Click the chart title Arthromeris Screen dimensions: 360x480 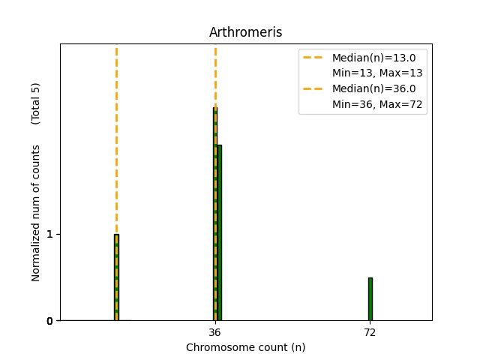tap(245, 32)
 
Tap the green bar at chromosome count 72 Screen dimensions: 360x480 tap(370, 299)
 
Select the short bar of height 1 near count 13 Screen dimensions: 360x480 tap(116, 277)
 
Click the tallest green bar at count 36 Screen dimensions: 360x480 tap(214, 217)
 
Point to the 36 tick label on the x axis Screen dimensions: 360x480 tap(214, 332)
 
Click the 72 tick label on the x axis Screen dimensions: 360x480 tap(370, 332)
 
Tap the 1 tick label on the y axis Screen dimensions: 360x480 tap(49, 234)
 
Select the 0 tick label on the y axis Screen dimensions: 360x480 tap(49, 321)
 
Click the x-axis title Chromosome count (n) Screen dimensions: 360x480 tap(245, 347)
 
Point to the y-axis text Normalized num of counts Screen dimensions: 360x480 tap(36, 213)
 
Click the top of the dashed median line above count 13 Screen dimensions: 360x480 tap(116, 49)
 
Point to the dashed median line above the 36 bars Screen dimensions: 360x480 tap(215, 75)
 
